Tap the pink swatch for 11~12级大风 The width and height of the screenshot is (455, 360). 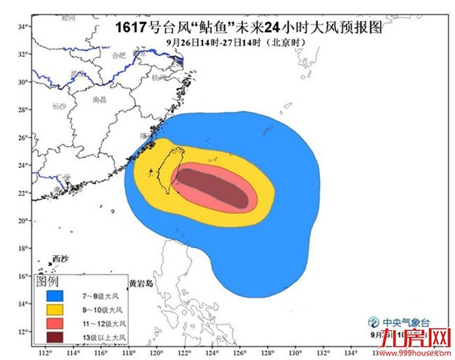point(53,323)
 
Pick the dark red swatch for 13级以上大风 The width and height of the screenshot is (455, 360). point(53,336)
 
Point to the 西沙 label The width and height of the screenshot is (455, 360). point(60,260)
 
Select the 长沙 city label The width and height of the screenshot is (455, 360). point(60,106)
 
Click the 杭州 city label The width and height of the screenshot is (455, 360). point(160,76)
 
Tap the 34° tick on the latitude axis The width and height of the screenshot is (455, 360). point(23,26)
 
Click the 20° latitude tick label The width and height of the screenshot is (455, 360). point(23,221)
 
